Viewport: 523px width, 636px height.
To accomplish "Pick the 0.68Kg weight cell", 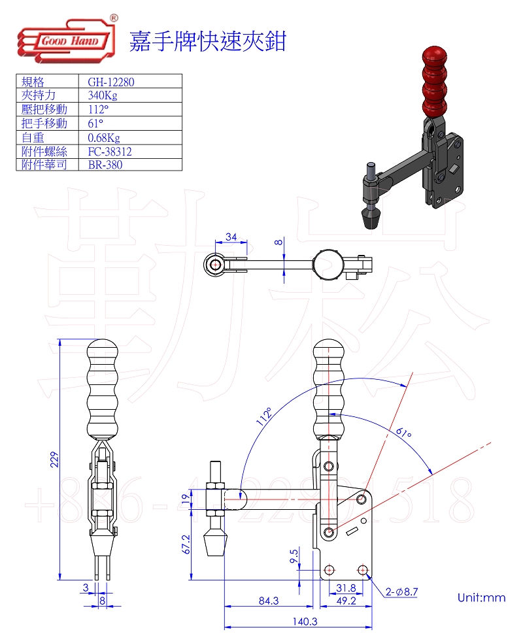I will [x=104, y=137].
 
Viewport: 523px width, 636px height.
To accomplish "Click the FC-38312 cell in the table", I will [x=110, y=151].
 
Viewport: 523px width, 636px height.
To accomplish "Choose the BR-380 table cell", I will [x=105, y=165].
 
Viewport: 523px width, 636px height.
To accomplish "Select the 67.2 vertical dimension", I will [x=185, y=544].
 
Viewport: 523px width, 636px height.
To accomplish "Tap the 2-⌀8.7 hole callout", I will [x=401, y=592].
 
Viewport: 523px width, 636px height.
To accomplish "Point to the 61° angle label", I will [x=403, y=433].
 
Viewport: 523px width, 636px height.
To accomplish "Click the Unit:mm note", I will [x=481, y=597].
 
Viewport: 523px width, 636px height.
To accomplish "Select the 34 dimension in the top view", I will [x=231, y=236].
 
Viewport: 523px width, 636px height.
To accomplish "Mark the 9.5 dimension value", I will [x=294, y=556].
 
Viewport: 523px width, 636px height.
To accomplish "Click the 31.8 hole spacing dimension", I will [x=346, y=587].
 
